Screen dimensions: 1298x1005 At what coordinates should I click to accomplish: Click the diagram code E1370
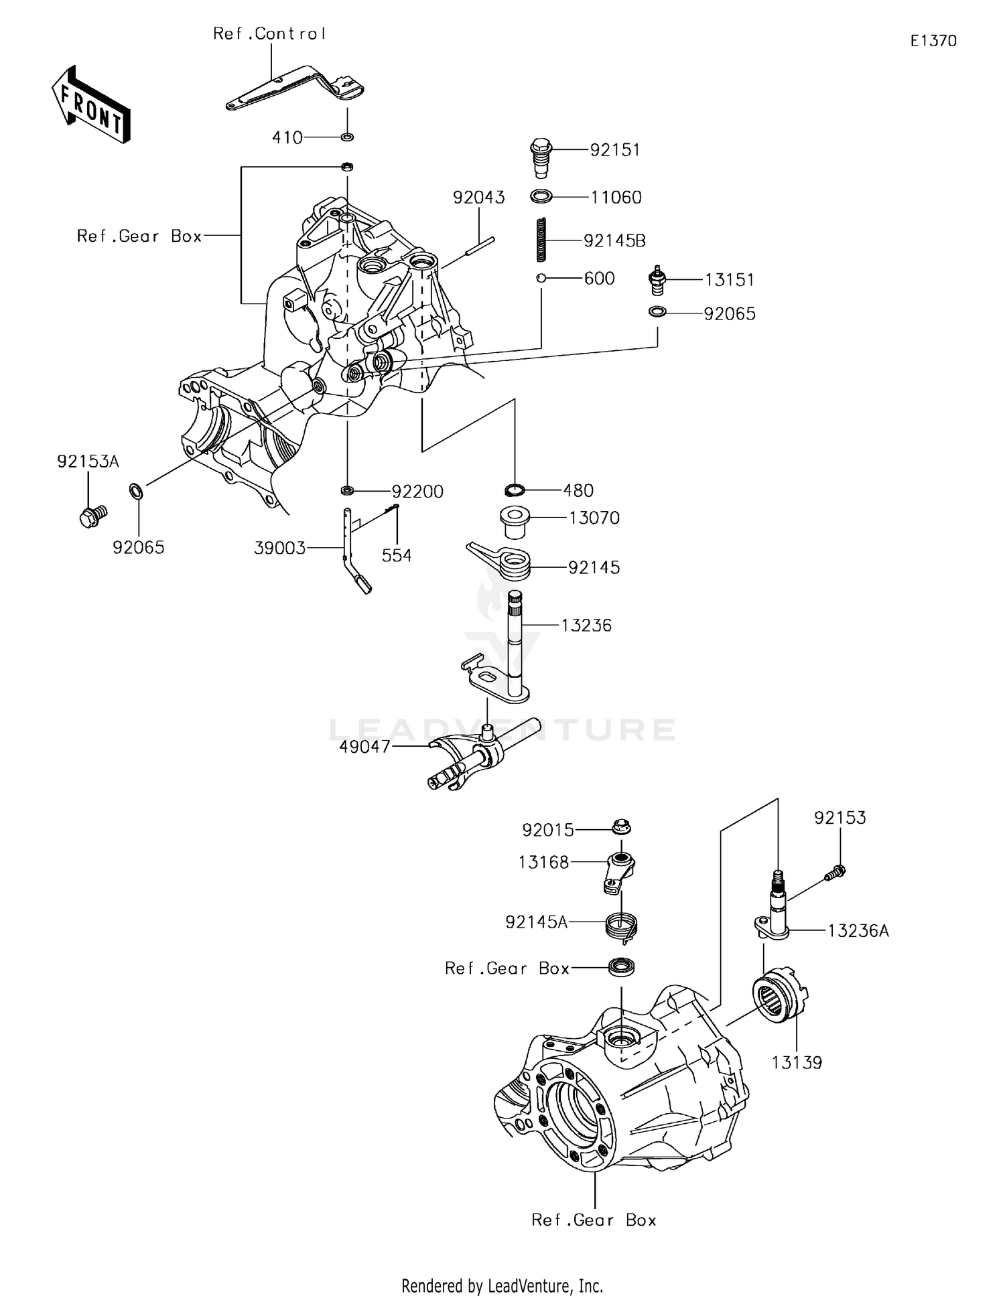click(x=933, y=41)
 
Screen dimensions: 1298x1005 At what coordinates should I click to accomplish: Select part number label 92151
click(x=614, y=150)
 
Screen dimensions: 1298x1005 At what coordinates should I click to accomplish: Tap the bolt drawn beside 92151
click(x=541, y=158)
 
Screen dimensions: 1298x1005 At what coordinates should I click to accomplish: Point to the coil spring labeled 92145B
click(x=541, y=240)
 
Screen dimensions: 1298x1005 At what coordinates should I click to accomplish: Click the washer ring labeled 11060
click(x=541, y=197)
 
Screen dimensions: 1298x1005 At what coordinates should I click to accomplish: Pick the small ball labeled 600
click(x=541, y=278)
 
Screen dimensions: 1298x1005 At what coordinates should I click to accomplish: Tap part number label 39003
click(x=279, y=548)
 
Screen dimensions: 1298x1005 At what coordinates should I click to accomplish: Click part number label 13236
click(x=586, y=626)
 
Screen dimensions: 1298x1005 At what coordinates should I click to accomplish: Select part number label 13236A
click(x=858, y=931)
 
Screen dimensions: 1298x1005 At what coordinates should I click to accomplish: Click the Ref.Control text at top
click(x=269, y=33)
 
